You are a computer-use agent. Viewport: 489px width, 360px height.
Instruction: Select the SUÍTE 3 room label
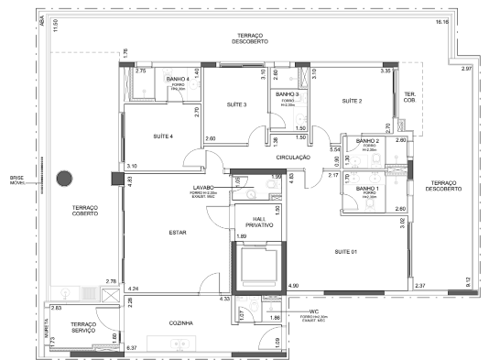[x=237, y=105]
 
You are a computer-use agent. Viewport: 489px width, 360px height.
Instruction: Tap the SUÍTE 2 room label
[x=353, y=101]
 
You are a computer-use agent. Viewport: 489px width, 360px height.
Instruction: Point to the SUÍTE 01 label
[x=345, y=251]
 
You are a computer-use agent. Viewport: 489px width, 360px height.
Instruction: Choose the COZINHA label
[x=179, y=322]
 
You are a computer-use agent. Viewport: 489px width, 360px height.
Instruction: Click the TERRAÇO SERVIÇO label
[x=84, y=329]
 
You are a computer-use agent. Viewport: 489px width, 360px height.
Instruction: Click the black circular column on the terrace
[x=65, y=180]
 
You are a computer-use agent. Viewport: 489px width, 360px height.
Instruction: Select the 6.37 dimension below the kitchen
[x=131, y=349]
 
